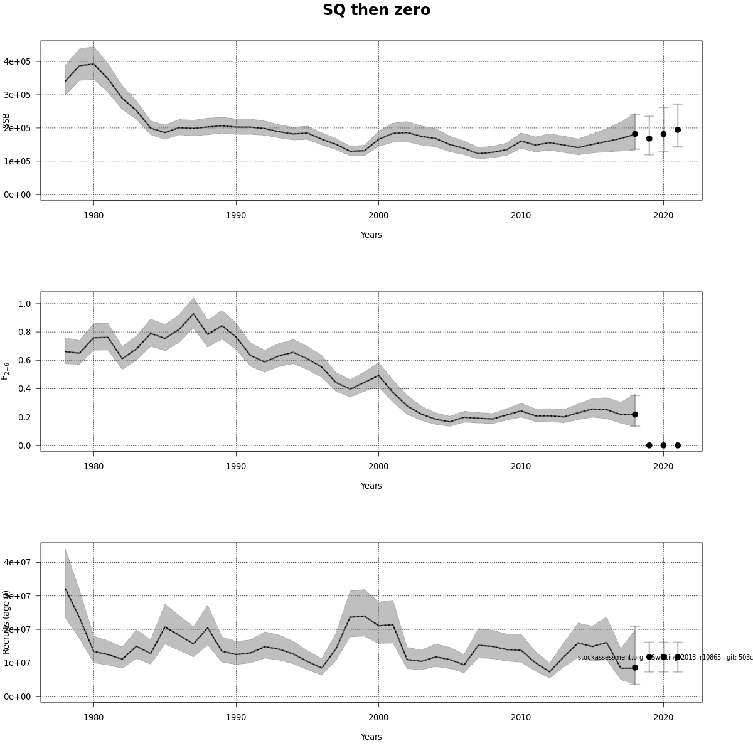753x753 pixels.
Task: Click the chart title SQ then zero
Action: (x=376, y=11)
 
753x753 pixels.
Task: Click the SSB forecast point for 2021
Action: (x=678, y=130)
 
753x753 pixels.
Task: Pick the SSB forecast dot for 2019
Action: (x=649, y=139)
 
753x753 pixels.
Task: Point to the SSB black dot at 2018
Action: (x=635, y=134)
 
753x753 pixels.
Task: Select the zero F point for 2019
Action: (x=649, y=446)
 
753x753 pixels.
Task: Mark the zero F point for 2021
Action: (x=678, y=446)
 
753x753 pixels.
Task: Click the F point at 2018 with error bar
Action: (x=635, y=414)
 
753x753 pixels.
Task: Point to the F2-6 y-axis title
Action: (x=6, y=371)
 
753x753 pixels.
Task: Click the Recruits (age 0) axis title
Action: (x=6, y=622)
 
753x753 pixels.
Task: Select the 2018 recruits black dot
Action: (x=635, y=668)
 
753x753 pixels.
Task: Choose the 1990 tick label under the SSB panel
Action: (x=236, y=215)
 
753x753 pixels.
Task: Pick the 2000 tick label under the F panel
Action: (x=378, y=466)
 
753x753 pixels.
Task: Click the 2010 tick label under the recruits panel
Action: (x=521, y=717)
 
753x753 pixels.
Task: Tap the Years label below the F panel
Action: (x=371, y=486)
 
